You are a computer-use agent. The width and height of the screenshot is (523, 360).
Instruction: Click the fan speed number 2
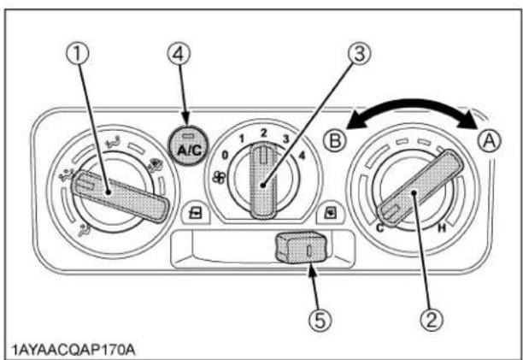pyautogui.click(x=264, y=133)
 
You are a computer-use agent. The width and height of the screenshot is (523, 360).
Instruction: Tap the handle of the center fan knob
pyautogui.click(x=263, y=180)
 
